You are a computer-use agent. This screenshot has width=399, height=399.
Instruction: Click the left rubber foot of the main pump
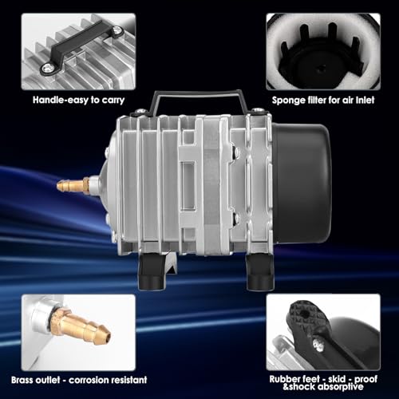[x=152, y=271]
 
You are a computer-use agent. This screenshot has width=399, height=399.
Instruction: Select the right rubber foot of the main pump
[x=259, y=272]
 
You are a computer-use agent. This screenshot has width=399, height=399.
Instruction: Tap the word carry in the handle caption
[x=113, y=101]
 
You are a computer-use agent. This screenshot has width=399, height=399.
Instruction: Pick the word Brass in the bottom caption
[x=22, y=380]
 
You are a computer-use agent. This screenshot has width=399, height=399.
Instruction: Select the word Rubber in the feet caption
[x=285, y=379]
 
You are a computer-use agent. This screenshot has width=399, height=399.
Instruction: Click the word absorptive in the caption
[x=340, y=386]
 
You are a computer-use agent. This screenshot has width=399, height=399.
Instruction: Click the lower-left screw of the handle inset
[x=48, y=69]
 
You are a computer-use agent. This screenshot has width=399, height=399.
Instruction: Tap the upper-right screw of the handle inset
[x=117, y=31]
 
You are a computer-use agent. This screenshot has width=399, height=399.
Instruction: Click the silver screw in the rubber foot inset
[x=317, y=345]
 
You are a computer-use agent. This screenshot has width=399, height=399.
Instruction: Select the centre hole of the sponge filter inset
[x=322, y=69]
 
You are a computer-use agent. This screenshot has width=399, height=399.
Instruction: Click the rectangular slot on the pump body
[x=188, y=185]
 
